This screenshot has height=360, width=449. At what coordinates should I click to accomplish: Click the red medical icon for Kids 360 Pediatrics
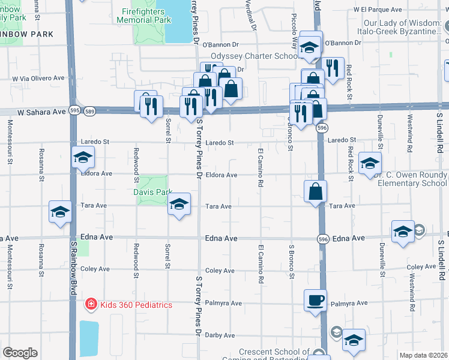tap(91, 305)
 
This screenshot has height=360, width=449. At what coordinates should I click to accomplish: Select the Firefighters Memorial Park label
tap(143, 16)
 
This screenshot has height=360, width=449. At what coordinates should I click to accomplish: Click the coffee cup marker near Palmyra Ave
tap(315, 300)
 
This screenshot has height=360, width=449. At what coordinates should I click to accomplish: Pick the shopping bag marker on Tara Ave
tap(315, 192)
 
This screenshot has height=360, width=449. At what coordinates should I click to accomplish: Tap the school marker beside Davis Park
tap(179, 204)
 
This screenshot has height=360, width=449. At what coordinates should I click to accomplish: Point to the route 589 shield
tap(89, 111)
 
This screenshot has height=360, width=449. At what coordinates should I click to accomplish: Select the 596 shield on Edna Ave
tap(322, 239)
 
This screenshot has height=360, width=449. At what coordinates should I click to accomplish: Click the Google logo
tap(20, 353)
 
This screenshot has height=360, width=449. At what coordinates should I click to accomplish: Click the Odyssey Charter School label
tap(259, 56)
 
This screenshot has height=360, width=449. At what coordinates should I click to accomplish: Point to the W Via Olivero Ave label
tap(40, 78)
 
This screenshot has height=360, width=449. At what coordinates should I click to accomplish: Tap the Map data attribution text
tap(423, 355)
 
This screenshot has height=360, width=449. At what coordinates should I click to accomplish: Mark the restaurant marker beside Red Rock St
tap(331, 68)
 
